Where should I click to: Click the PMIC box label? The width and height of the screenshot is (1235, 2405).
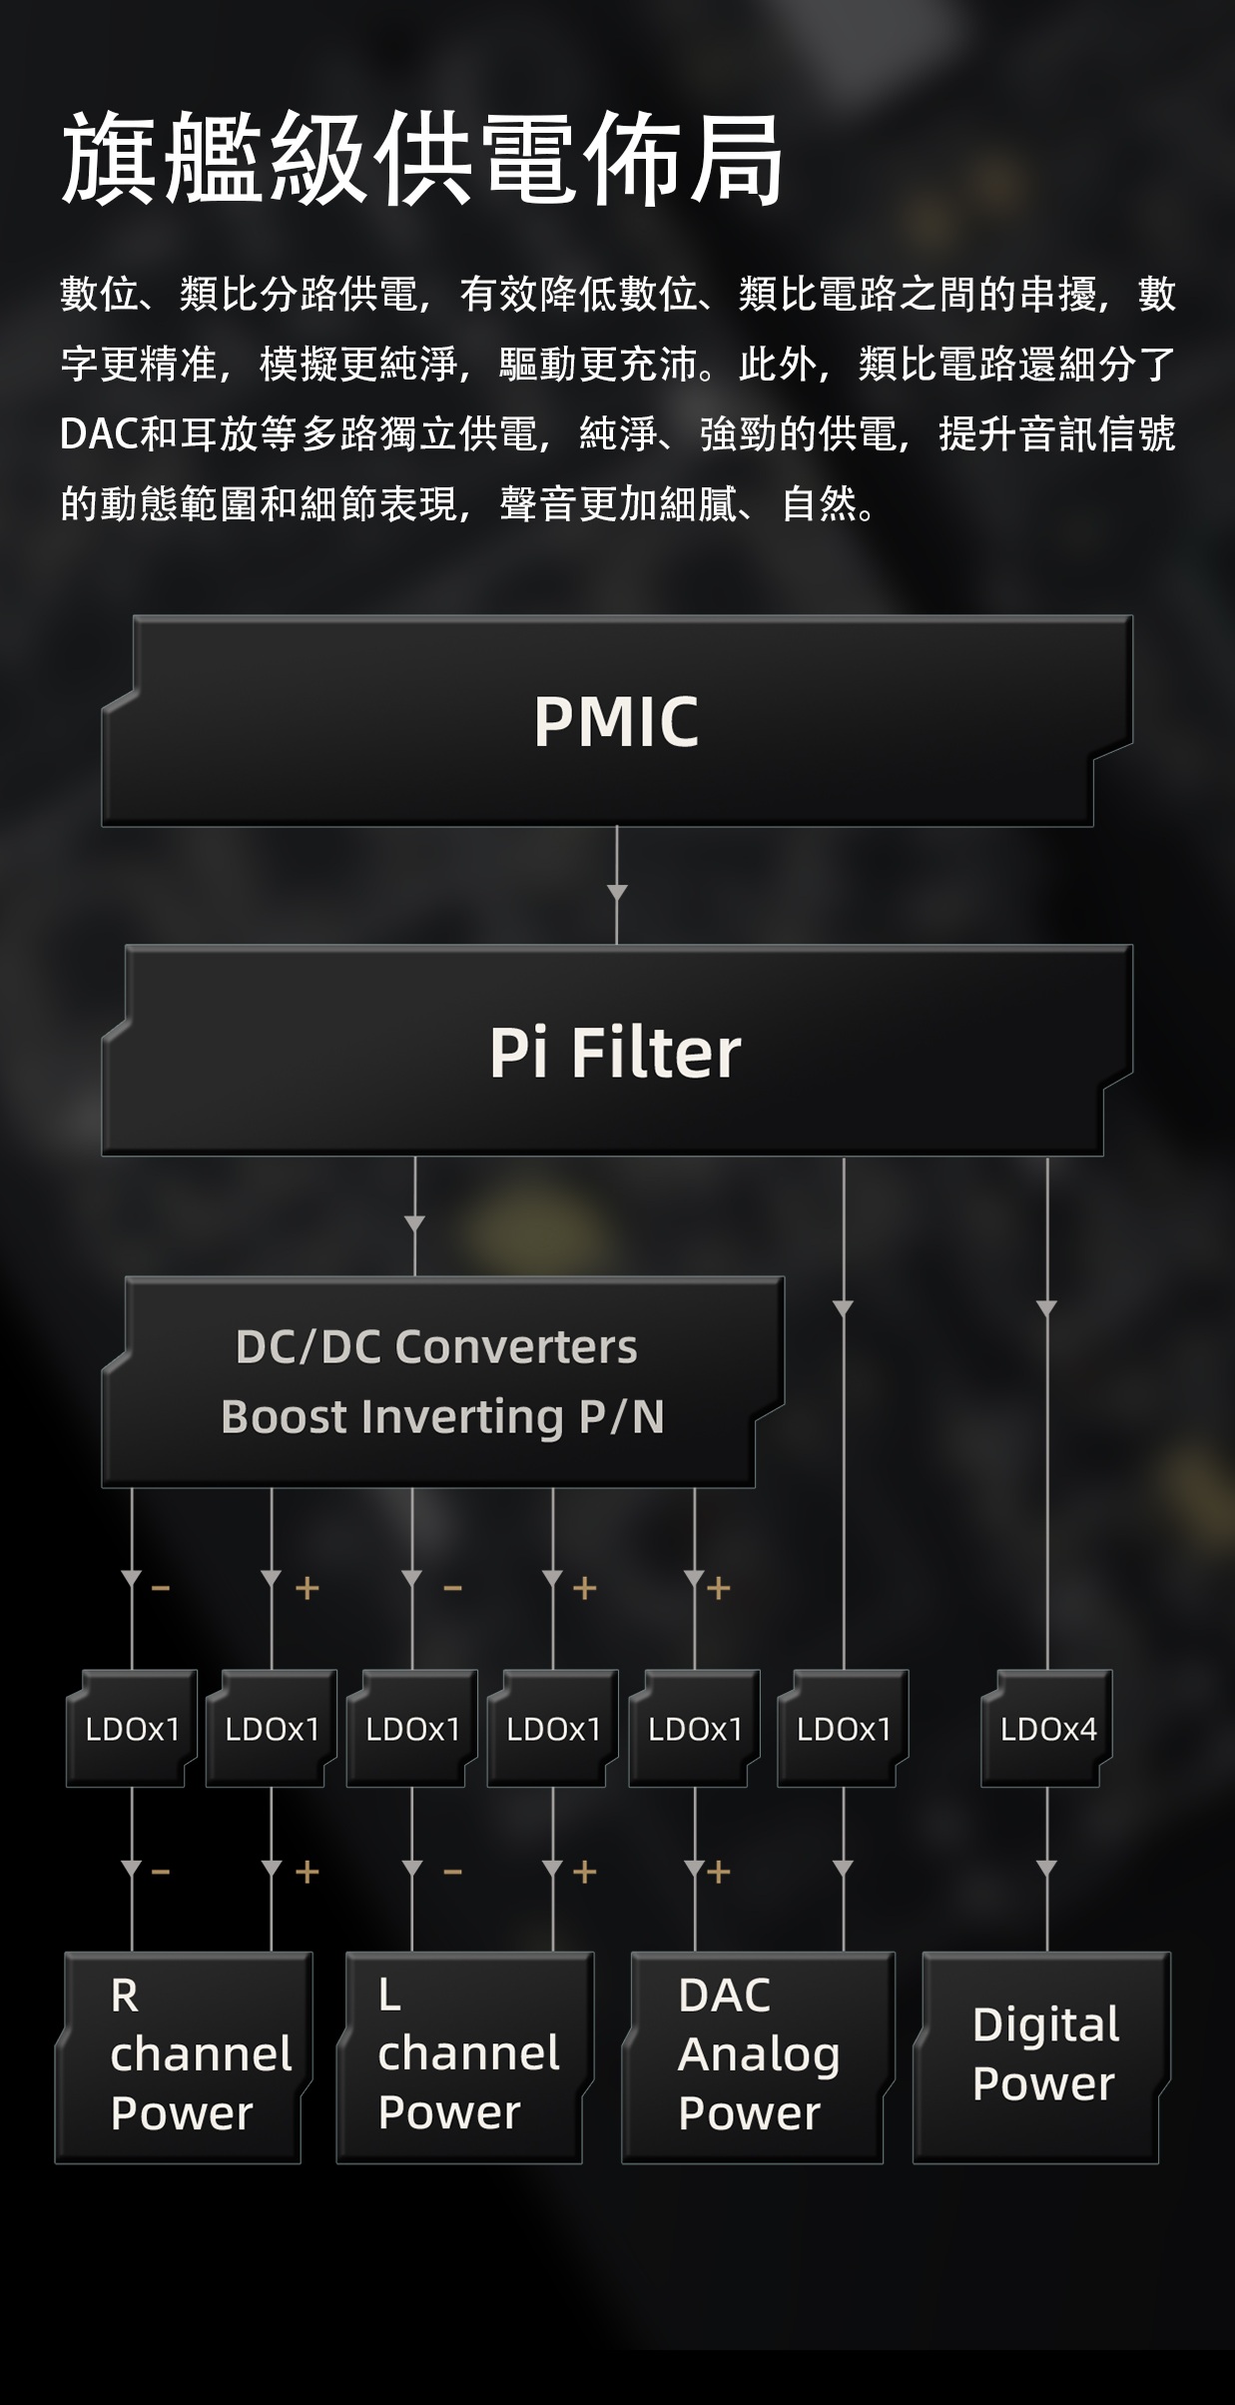(x=616, y=721)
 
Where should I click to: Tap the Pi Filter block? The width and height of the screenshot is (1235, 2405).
(x=615, y=1052)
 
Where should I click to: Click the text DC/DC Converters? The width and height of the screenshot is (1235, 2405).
(x=436, y=1346)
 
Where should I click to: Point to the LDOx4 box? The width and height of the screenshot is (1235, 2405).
(x=1047, y=1729)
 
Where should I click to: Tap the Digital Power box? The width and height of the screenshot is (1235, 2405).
(x=1043, y=2054)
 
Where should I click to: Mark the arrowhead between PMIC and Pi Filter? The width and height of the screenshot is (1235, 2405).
(x=617, y=892)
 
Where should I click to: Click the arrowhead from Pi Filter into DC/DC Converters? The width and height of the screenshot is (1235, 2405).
(x=414, y=1223)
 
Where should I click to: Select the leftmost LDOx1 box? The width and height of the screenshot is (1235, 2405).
(x=132, y=1729)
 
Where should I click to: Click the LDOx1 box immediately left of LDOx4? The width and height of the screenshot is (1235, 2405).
(x=844, y=1729)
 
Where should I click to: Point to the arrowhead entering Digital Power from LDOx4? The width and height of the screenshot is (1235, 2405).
(x=1046, y=1868)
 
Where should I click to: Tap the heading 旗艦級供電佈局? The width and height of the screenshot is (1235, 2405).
(x=421, y=160)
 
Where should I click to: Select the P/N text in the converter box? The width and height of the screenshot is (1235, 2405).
(x=622, y=1416)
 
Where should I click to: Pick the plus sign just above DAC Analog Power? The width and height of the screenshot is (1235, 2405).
(x=719, y=1871)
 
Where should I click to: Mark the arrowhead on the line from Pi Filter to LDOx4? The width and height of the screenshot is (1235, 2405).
(x=1046, y=1308)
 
